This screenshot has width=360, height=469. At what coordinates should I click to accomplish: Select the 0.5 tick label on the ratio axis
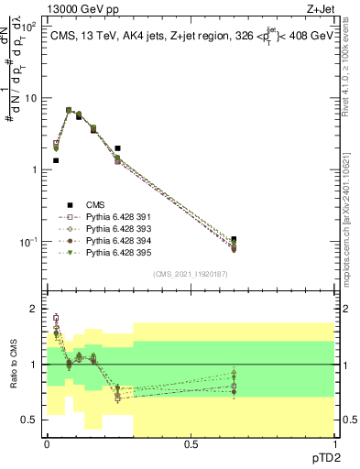click(31, 420)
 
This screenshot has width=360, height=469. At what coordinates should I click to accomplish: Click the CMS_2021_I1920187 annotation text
click(191, 274)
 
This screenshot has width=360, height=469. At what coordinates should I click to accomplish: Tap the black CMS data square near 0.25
click(118, 147)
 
